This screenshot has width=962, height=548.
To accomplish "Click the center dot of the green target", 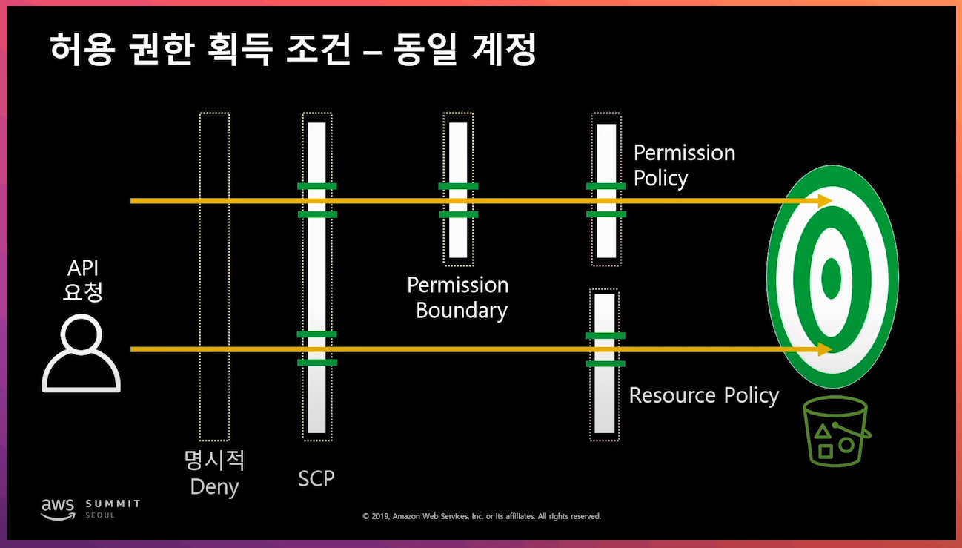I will pyautogui.click(x=832, y=277).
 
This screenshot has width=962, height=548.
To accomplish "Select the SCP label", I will pyautogui.click(x=316, y=478).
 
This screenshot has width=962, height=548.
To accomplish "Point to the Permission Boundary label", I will pyautogui.click(x=459, y=297).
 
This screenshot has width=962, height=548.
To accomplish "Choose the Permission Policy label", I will pyautogui.click(x=684, y=165).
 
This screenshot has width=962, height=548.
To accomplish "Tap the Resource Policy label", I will pyautogui.click(x=703, y=395).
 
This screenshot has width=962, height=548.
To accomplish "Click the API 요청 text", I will pyautogui.click(x=83, y=280).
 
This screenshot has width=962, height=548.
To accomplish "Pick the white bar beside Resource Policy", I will pyautogui.click(x=605, y=400).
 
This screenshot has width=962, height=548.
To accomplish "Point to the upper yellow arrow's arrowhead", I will pyautogui.click(x=825, y=201).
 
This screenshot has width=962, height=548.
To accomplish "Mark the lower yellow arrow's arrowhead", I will pyautogui.click(x=825, y=349).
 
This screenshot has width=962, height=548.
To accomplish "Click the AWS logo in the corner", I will pyautogui.click(x=58, y=506).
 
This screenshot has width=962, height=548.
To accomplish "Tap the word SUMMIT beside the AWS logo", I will pyautogui.click(x=113, y=504).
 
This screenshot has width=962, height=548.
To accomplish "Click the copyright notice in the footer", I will pyautogui.click(x=481, y=516).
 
